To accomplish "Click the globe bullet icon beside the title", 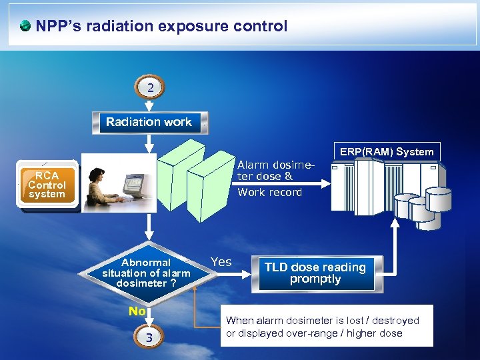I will (x=25, y=27).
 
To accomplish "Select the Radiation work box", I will (x=149, y=123).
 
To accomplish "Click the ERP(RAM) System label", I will (x=387, y=151).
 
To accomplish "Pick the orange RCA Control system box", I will (x=47, y=185).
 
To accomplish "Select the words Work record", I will (x=269, y=193).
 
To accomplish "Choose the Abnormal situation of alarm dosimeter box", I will (x=146, y=273).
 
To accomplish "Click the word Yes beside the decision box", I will (x=221, y=262).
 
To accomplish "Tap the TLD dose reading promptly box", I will (x=315, y=273).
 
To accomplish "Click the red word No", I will (x=137, y=311).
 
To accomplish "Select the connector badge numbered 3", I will (x=149, y=338).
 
